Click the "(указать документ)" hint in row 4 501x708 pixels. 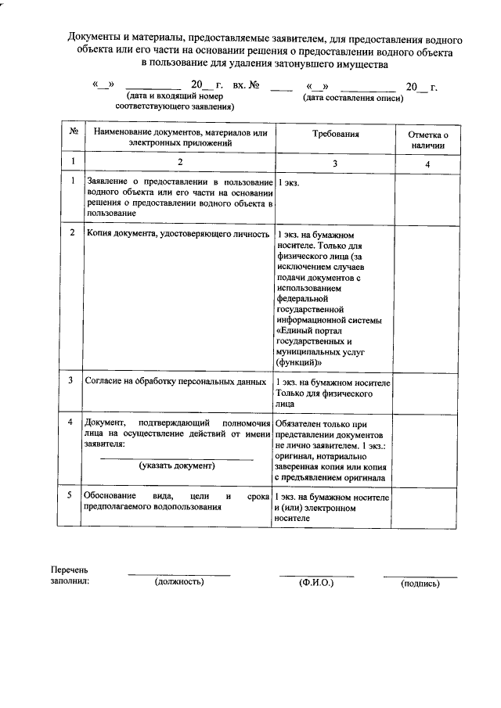tap(177, 465)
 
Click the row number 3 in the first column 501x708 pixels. tap(71, 381)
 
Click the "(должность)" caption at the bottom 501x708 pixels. tap(179, 582)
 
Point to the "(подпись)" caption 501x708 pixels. tap(420, 584)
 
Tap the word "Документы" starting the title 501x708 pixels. tap(92, 38)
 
